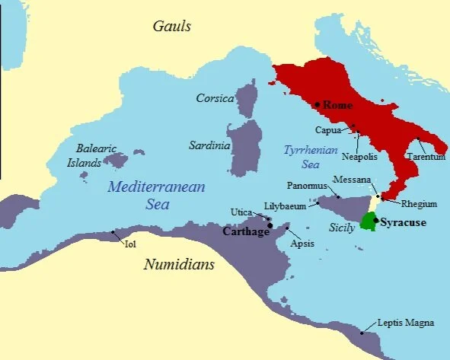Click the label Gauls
click(x=171, y=27)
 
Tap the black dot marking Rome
click(x=317, y=104)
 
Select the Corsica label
click(x=215, y=99)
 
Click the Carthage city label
click(x=246, y=231)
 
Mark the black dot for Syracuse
click(x=375, y=218)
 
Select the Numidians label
click(x=179, y=264)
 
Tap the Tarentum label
click(x=425, y=157)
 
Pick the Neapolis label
click(x=359, y=157)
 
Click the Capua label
click(x=328, y=129)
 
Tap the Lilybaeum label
click(x=285, y=205)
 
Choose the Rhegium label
click(x=419, y=204)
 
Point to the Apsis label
click(x=302, y=244)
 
